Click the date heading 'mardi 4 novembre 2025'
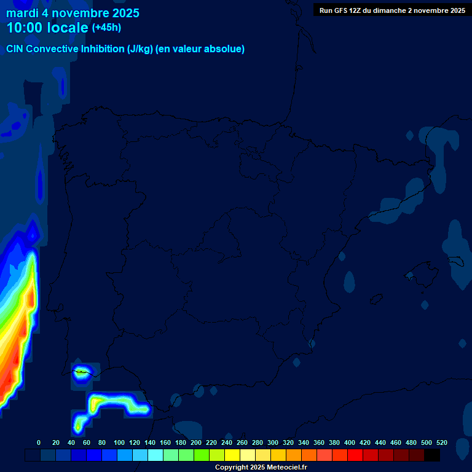[73, 13]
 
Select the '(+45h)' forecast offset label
[106, 28]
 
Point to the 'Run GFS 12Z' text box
[392, 10]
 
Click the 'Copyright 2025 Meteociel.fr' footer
[261, 467]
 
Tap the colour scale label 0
[39, 442]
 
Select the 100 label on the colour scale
[119, 442]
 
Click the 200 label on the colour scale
[196, 442]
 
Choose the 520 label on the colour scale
[442, 442]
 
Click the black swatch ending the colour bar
[431, 455]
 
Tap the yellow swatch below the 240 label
[232, 455]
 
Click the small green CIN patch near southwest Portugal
[81, 372]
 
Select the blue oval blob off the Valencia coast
[350, 281]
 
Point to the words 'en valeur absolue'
[200, 49]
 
